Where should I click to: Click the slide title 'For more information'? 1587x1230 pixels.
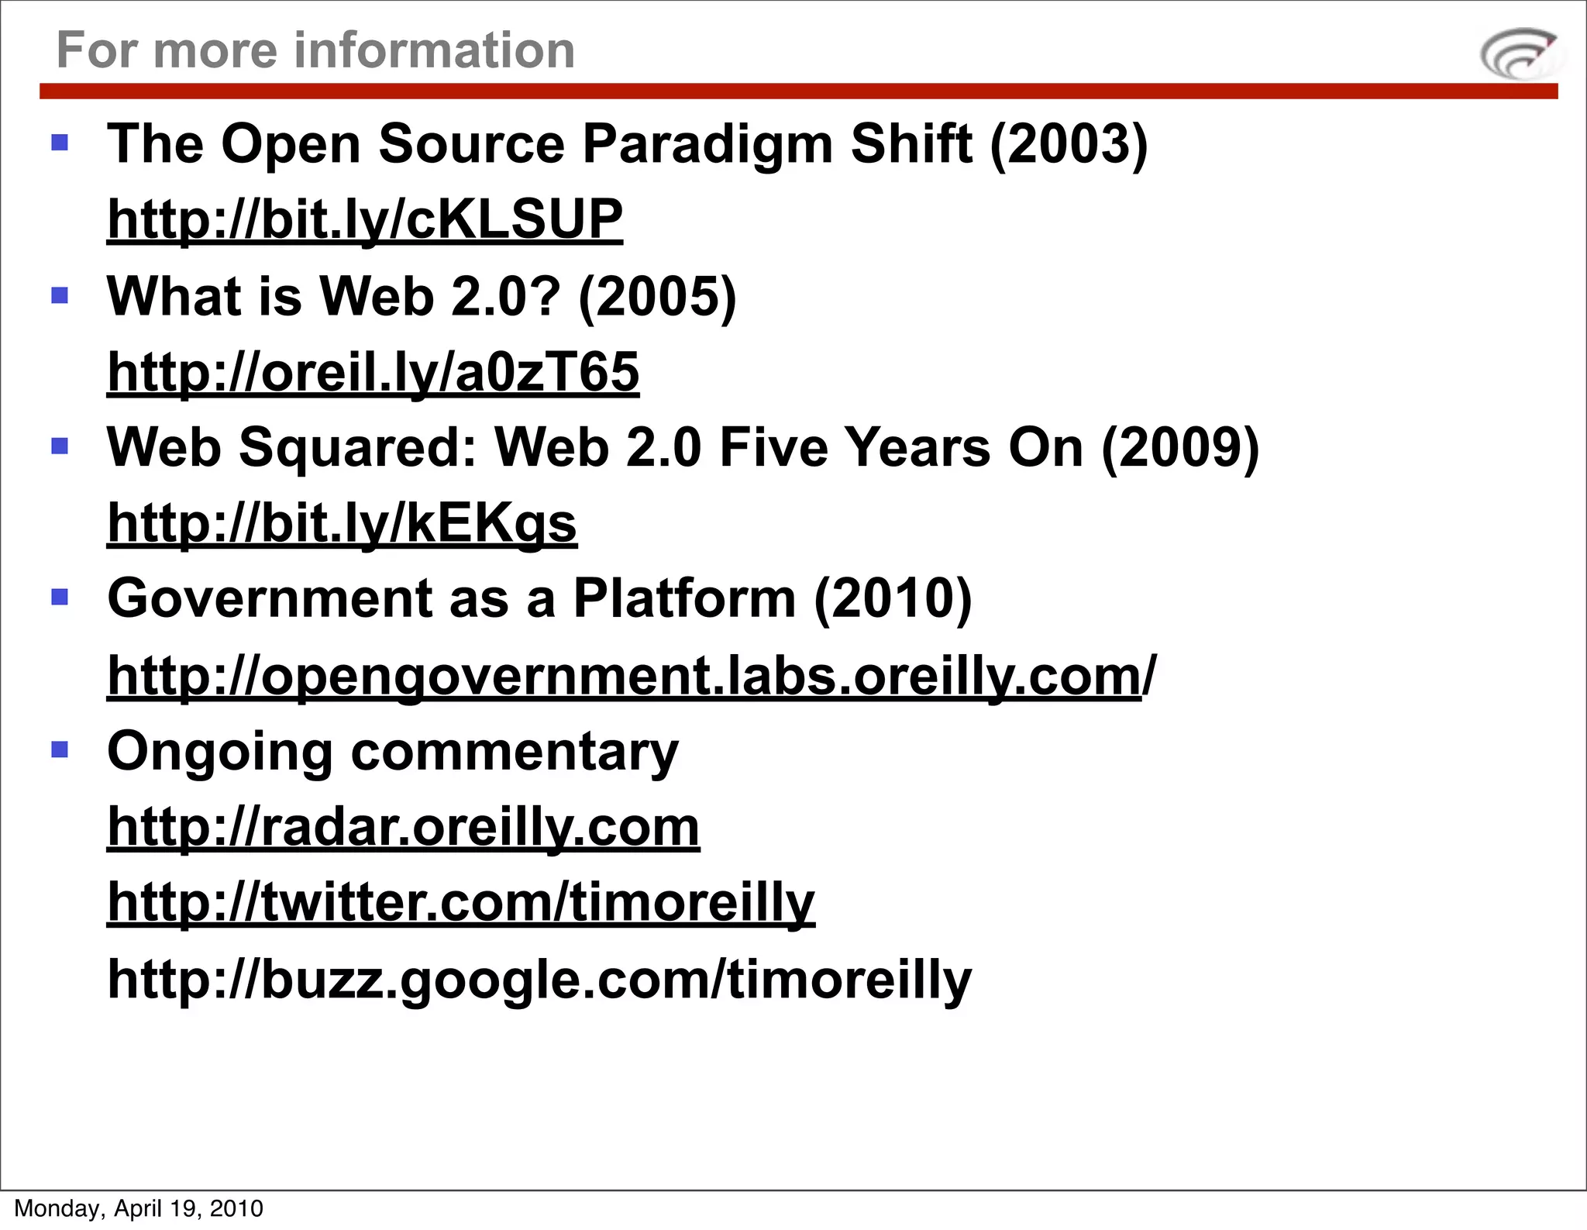click(x=315, y=50)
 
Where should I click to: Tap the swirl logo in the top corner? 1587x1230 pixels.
click(x=1519, y=54)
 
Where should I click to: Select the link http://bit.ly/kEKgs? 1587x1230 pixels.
click(x=342, y=523)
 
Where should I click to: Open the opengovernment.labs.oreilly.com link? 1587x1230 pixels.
click(x=631, y=676)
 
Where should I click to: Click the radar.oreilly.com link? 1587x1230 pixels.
click(x=403, y=827)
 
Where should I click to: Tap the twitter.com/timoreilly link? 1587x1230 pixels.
click(x=461, y=902)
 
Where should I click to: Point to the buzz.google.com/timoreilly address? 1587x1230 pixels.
click(x=539, y=979)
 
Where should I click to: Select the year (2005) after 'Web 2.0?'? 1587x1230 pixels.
click(x=657, y=297)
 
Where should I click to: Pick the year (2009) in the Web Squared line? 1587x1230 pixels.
click(x=1180, y=448)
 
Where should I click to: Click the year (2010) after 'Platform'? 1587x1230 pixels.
click(x=893, y=598)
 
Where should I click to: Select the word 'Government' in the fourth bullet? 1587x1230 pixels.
click(x=269, y=598)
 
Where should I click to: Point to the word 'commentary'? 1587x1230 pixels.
click(x=515, y=752)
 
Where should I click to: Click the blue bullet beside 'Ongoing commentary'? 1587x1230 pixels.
click(x=60, y=749)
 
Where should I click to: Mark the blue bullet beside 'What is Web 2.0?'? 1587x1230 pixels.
click(x=60, y=295)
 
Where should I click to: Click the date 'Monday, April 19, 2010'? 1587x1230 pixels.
click(x=139, y=1208)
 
